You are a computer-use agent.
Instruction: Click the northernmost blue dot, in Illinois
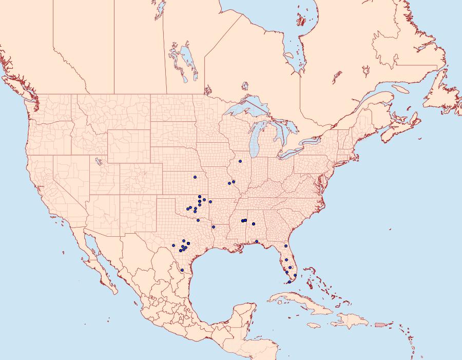(240, 161)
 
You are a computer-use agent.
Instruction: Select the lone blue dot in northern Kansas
(195, 177)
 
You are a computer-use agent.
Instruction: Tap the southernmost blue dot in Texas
(182, 270)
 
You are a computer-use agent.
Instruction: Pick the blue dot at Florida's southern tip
(290, 282)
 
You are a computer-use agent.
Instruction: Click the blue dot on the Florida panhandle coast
(257, 241)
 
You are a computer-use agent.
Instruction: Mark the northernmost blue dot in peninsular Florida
(286, 246)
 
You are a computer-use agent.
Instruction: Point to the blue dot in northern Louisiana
(213, 226)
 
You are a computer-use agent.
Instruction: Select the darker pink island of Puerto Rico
(380, 324)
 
